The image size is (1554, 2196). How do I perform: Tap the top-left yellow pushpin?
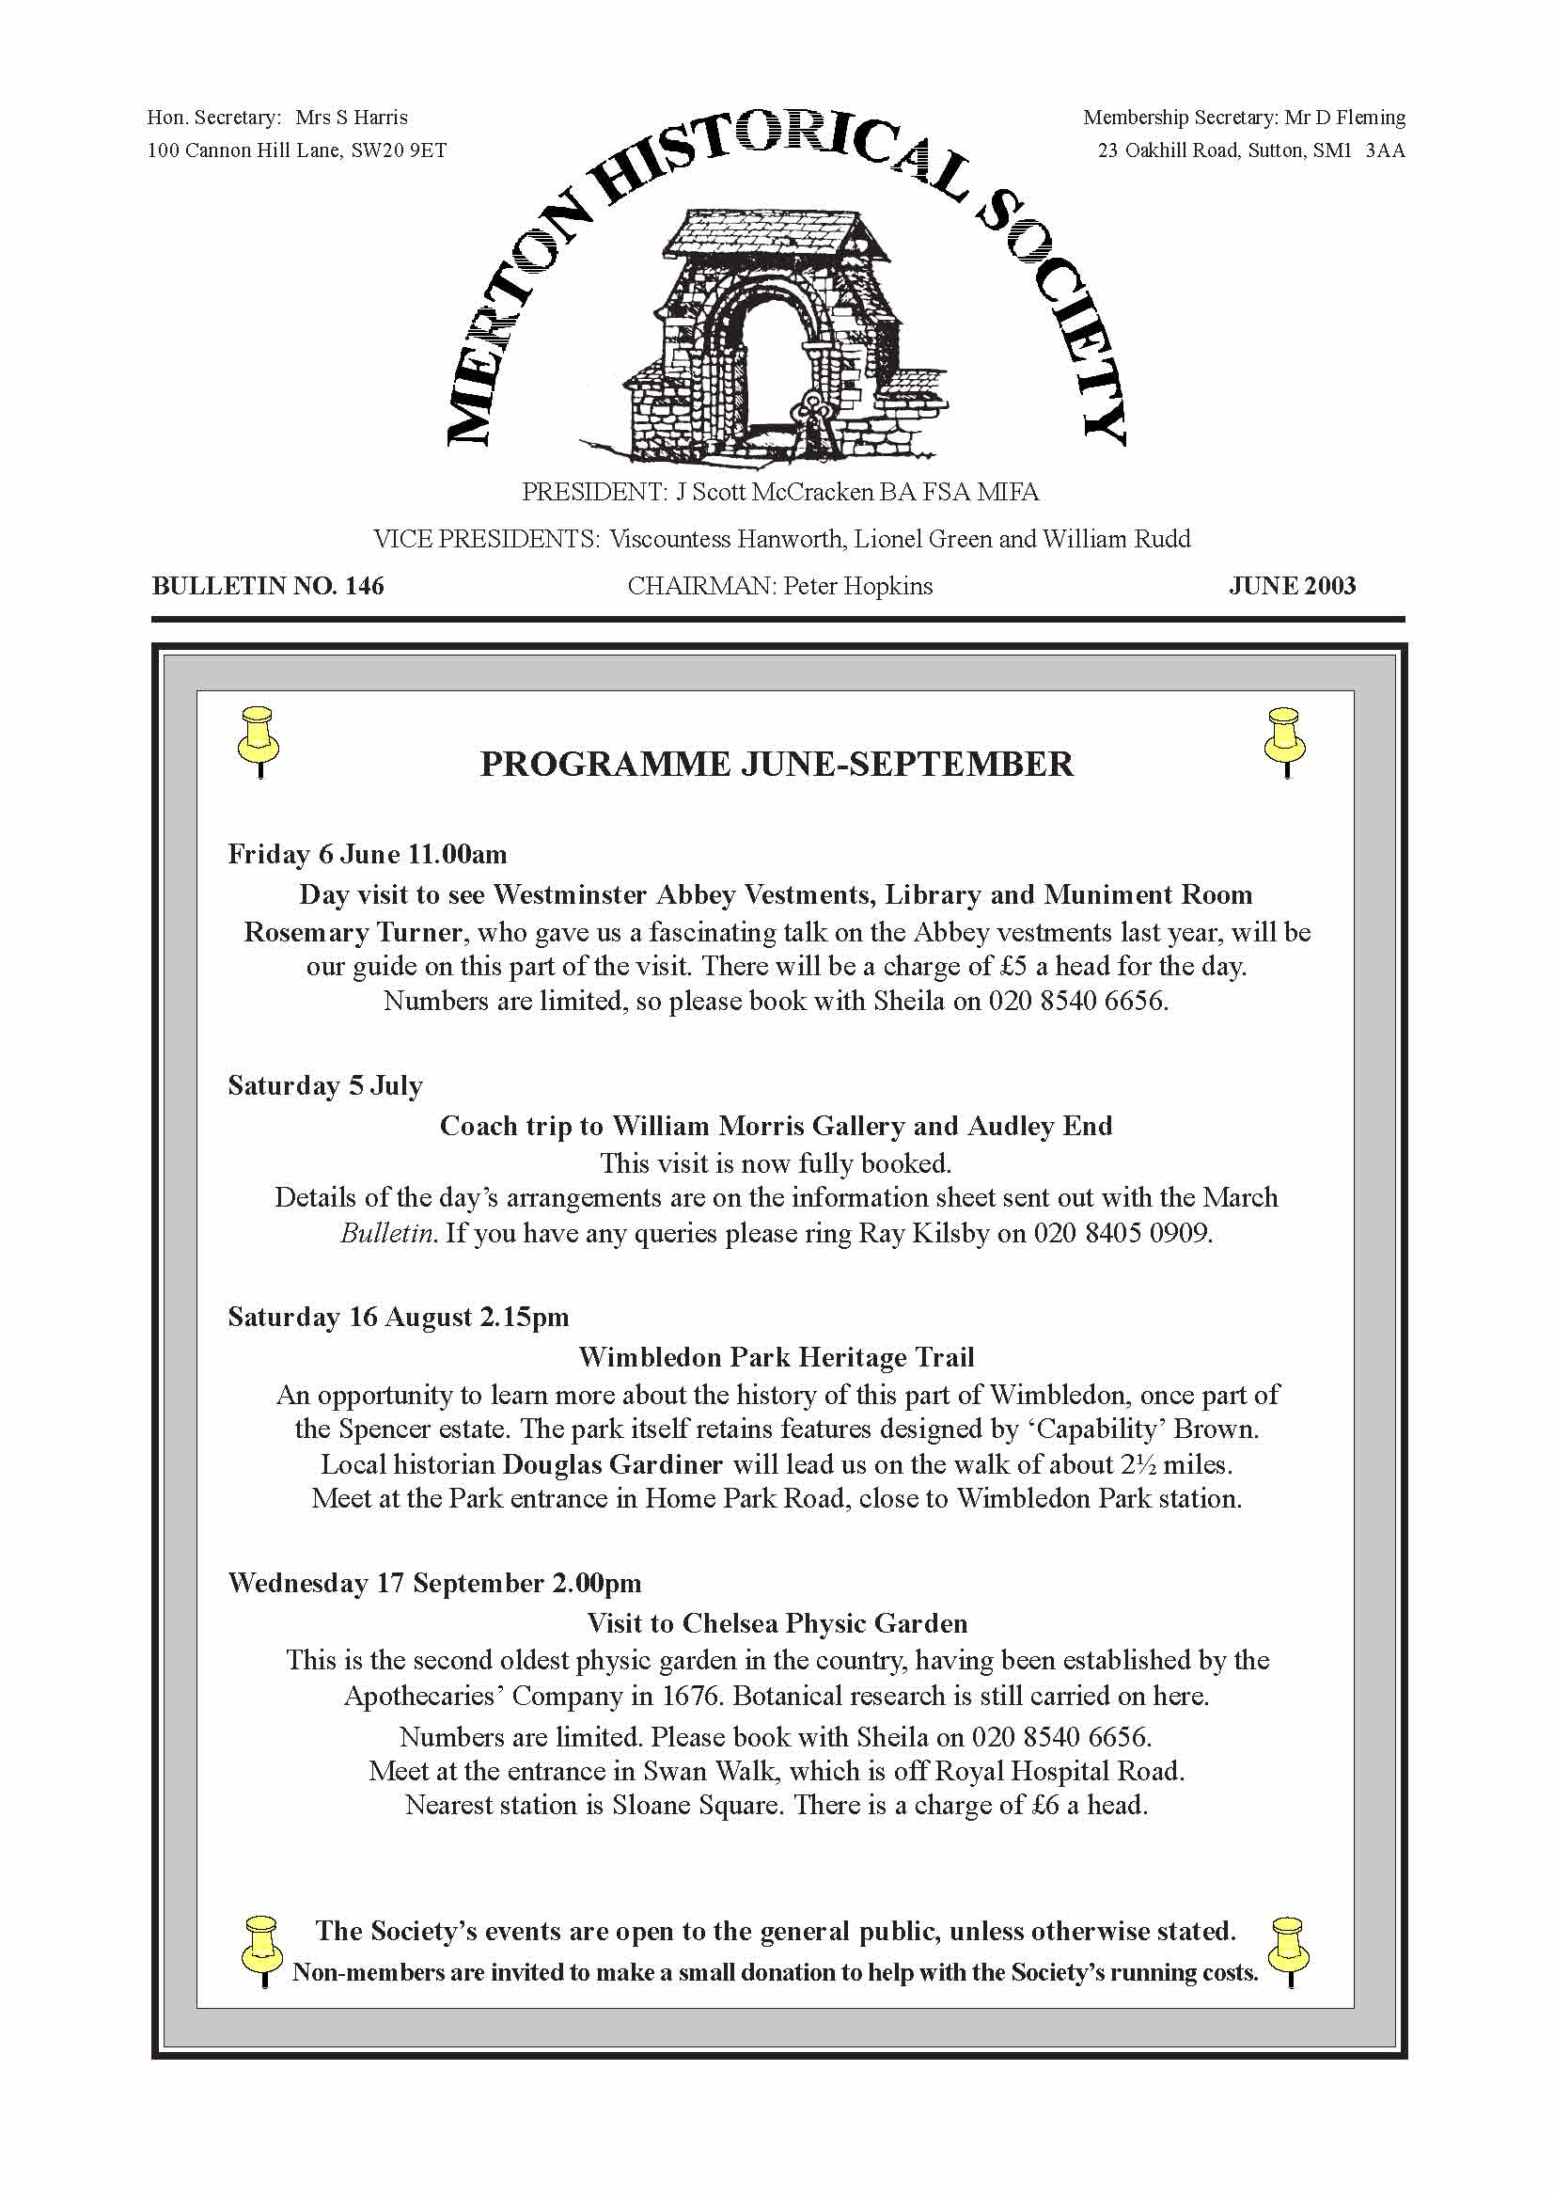(259, 740)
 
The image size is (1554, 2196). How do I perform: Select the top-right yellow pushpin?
(1284, 740)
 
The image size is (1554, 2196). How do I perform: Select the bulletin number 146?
(364, 586)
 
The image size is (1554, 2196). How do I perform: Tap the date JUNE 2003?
(1292, 586)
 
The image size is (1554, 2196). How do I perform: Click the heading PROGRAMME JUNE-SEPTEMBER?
(776, 764)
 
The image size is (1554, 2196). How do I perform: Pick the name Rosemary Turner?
(353, 932)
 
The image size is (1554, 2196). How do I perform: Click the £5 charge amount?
(1012, 966)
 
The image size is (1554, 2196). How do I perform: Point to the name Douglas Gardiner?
(612, 1464)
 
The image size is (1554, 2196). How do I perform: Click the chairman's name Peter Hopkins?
(857, 586)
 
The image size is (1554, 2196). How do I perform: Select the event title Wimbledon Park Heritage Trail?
(776, 1356)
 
